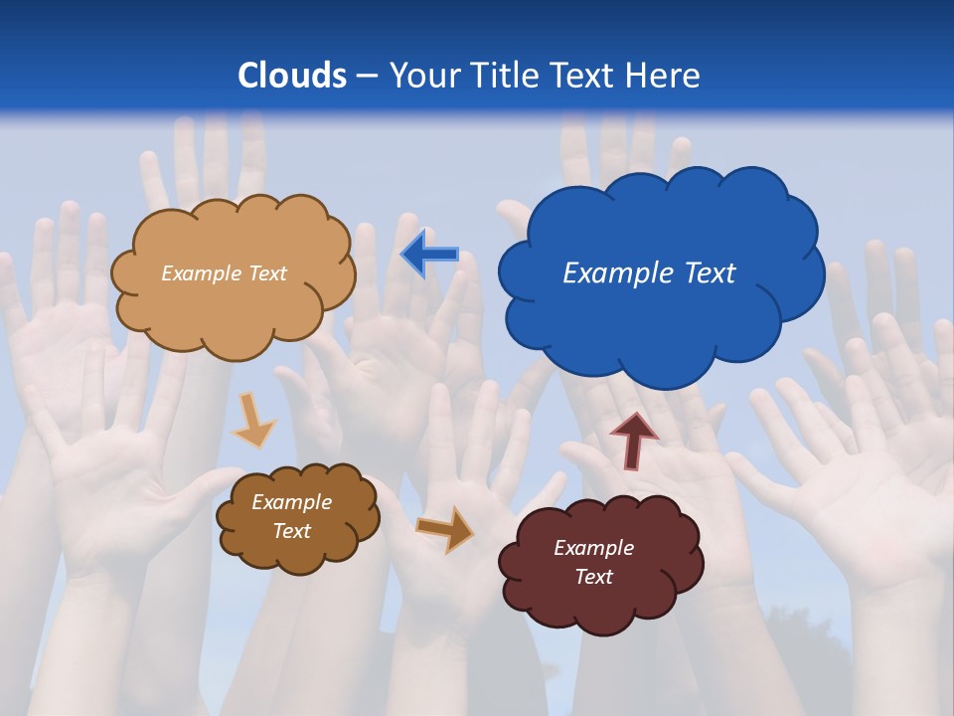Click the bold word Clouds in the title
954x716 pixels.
tap(292, 76)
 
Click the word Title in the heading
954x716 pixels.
tap(503, 76)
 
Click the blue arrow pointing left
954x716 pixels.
tap(429, 255)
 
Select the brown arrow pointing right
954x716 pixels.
tap(445, 529)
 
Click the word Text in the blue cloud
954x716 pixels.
tap(710, 273)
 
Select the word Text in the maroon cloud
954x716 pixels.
tap(593, 577)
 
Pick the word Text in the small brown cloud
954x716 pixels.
tap(291, 531)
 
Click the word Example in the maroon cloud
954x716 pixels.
tap(593, 548)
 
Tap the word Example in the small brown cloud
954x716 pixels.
tap(291, 502)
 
